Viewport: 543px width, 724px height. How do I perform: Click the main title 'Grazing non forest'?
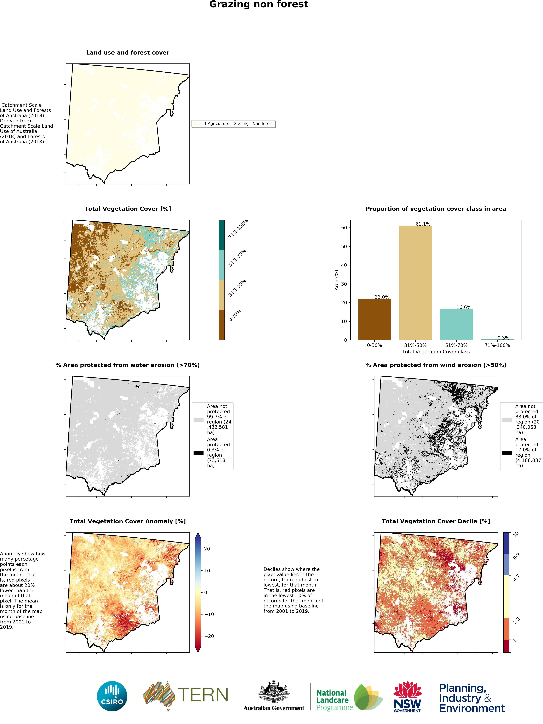point(258,5)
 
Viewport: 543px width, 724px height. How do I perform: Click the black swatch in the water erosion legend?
point(198,453)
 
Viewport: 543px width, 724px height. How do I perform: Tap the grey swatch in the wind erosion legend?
point(507,419)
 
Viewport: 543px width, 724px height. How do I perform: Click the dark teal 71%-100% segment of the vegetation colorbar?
point(222,235)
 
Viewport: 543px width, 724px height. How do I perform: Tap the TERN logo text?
point(203,695)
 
